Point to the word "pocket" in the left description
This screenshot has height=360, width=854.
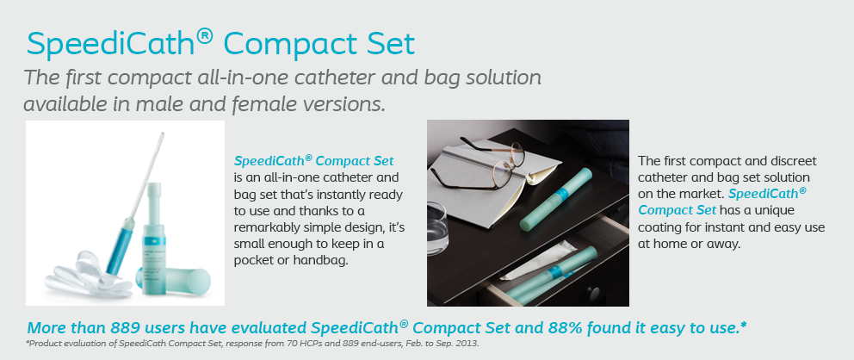click(254, 260)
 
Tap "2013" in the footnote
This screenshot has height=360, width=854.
click(467, 344)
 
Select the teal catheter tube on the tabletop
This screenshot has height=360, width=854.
click(555, 199)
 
